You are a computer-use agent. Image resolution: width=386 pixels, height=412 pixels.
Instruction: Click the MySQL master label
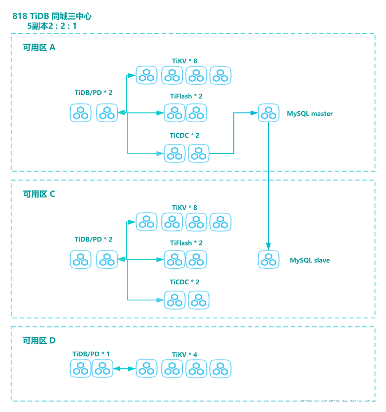(x=310, y=114)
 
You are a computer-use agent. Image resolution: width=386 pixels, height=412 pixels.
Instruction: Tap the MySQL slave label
(x=310, y=260)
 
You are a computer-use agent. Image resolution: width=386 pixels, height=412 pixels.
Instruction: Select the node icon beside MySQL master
(x=269, y=113)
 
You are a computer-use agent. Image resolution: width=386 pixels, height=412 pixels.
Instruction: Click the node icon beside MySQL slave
(x=269, y=260)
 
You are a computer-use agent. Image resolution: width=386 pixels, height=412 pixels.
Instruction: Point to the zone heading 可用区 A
(x=39, y=48)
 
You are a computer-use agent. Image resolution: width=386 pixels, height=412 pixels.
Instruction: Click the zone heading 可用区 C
(x=39, y=194)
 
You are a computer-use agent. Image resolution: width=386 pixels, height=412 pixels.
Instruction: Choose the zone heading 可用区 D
(x=39, y=341)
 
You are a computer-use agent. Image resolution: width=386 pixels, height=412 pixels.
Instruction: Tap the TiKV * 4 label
(x=184, y=355)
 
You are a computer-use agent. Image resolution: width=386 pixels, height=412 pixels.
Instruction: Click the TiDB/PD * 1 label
(x=91, y=354)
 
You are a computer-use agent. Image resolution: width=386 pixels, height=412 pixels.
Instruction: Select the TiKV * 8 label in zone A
(x=184, y=61)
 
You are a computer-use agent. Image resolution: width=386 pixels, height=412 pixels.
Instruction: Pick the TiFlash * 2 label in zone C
(x=186, y=243)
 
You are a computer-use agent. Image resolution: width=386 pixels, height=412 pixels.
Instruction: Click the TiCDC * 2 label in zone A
(x=184, y=135)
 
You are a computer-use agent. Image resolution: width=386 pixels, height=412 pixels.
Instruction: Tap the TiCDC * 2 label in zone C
(x=184, y=282)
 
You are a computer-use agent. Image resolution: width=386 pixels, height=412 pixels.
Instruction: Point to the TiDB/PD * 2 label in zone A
(x=94, y=93)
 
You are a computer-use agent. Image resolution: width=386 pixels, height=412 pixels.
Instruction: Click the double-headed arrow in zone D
(x=124, y=369)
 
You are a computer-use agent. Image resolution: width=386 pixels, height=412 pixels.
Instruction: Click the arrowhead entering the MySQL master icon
(x=254, y=113)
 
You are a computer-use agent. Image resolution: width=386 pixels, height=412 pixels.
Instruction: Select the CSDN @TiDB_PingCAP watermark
(x=340, y=403)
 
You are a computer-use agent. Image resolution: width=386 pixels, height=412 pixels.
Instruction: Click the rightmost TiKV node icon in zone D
(x=221, y=369)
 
